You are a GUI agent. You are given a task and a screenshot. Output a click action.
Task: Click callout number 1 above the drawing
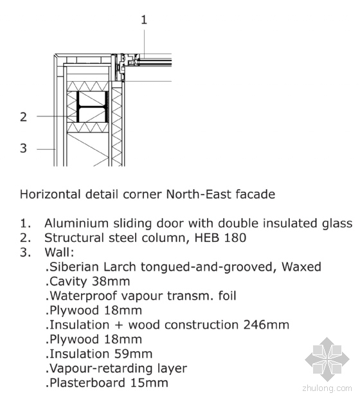click(x=144, y=20)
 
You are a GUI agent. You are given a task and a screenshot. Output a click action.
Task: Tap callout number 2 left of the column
click(x=23, y=117)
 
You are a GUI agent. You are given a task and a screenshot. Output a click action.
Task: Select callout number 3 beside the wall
click(x=23, y=148)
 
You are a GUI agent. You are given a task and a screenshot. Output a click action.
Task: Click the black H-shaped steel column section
click(x=93, y=107)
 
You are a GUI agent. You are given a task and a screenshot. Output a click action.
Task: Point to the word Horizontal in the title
click(x=50, y=194)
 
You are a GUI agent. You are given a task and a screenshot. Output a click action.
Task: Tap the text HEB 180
click(x=221, y=238)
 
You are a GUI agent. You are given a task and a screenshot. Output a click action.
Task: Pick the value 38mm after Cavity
click(x=111, y=282)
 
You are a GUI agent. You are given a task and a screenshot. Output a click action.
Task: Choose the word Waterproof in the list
click(x=81, y=296)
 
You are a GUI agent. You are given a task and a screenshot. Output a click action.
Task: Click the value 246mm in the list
click(x=266, y=325)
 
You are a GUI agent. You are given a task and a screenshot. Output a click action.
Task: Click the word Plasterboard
click(x=85, y=383)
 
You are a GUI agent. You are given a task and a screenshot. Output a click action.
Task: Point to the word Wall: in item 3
click(x=59, y=252)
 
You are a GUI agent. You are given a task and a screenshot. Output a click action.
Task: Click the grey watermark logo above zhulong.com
click(x=327, y=359)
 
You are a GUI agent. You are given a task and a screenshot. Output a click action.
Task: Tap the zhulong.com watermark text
click(x=327, y=388)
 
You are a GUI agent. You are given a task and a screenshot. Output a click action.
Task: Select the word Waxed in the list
click(x=301, y=267)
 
